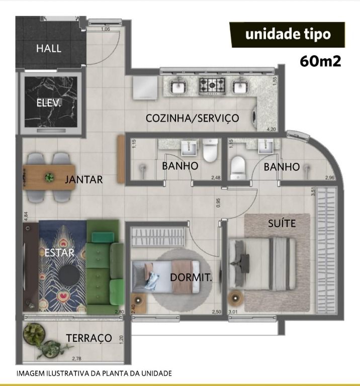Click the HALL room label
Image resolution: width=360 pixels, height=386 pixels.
click(x=49, y=48)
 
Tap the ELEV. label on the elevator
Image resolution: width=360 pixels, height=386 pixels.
click(x=48, y=103)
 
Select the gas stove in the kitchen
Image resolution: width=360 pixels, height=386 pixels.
click(x=212, y=86)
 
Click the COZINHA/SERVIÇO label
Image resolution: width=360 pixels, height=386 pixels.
click(x=192, y=118)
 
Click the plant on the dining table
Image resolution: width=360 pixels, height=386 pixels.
click(x=49, y=177)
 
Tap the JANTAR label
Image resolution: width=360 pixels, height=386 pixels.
click(x=84, y=179)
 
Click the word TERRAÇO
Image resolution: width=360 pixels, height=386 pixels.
click(x=89, y=338)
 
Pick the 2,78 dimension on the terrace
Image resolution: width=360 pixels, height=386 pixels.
click(x=76, y=358)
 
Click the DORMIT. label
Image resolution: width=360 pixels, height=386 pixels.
click(x=191, y=277)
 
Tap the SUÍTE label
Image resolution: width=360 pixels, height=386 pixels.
click(x=282, y=223)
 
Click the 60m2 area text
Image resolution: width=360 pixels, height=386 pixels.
click(x=320, y=61)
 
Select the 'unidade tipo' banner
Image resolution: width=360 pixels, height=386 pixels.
click(x=288, y=34)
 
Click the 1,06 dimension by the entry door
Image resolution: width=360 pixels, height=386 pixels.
click(x=106, y=29)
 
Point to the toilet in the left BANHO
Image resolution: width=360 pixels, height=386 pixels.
click(x=210, y=150)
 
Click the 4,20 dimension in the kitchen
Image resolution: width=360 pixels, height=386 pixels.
click(x=272, y=129)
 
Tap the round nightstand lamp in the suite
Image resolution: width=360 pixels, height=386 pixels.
click(x=235, y=298)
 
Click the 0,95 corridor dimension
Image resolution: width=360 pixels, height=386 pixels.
click(x=218, y=203)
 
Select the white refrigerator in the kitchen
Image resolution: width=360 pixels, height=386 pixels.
click(x=145, y=87)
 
